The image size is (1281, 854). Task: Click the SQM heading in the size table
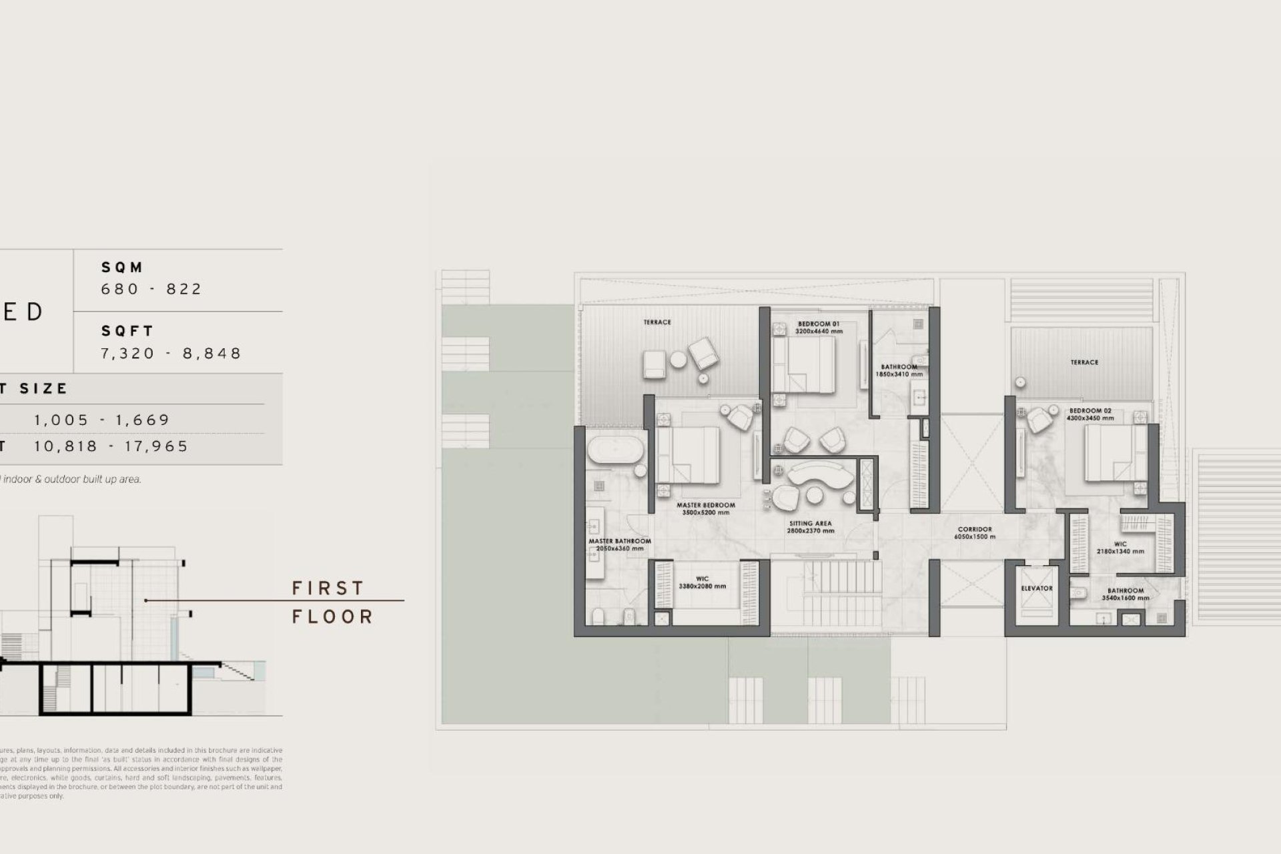click(122, 268)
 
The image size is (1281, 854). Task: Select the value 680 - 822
click(151, 289)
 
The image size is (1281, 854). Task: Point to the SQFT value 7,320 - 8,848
click(171, 353)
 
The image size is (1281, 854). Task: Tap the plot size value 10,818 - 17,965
click(111, 446)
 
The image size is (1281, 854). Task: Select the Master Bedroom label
click(705, 508)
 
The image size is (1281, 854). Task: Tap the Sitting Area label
click(810, 527)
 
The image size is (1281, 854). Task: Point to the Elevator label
click(1037, 588)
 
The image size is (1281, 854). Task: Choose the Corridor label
click(975, 532)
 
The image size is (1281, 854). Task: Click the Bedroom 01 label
click(819, 327)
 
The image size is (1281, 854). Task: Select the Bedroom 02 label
click(1090, 414)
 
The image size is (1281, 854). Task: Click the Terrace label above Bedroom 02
click(1084, 362)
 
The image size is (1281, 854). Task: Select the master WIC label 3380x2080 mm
click(702, 582)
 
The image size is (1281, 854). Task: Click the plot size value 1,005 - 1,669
click(102, 420)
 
